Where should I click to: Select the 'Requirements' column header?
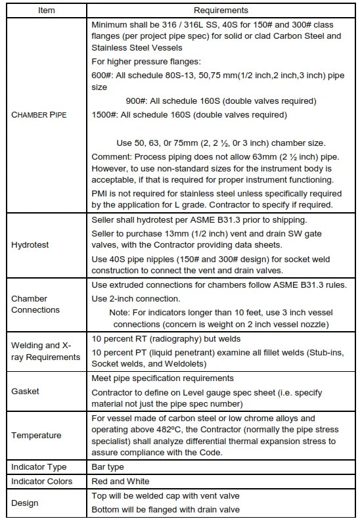pos(221,11)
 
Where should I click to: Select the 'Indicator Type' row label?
pos(39,467)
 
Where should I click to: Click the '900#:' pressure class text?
pos(137,101)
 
